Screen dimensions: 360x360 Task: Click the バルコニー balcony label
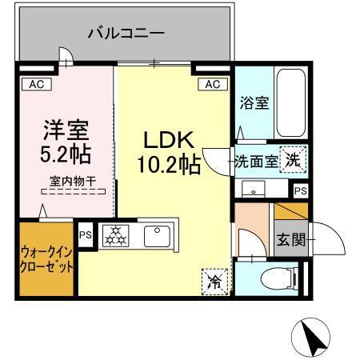126,34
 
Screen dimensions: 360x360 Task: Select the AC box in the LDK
212,84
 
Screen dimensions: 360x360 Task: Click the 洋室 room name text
65,129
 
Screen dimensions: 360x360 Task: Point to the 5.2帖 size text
65,151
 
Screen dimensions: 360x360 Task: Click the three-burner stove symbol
115,235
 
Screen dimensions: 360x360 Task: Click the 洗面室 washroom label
257,160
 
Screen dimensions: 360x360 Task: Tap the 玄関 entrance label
290,238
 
